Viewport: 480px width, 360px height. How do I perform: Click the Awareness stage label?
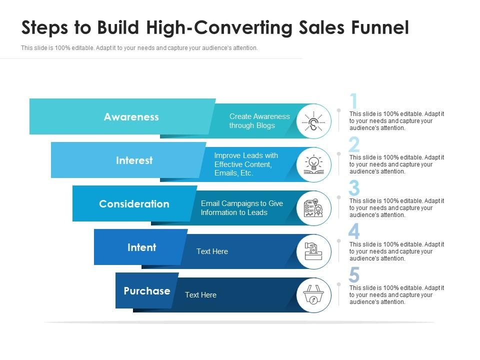click(131, 117)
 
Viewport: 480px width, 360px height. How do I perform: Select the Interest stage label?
click(134, 160)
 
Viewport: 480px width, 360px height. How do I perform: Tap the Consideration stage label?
click(134, 204)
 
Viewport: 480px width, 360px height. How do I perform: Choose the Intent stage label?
click(141, 247)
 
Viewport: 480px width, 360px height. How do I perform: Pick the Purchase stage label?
click(147, 291)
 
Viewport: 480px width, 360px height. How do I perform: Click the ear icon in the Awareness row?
click(313, 121)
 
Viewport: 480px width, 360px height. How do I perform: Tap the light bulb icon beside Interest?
click(313, 164)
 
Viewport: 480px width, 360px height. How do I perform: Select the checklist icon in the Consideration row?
click(313, 208)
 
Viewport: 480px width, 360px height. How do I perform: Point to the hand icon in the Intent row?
click(313, 251)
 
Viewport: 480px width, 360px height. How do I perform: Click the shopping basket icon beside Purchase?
click(313, 295)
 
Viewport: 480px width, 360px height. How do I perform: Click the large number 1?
click(354, 101)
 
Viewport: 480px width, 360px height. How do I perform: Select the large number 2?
click(354, 145)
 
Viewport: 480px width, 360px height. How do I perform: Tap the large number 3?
click(354, 188)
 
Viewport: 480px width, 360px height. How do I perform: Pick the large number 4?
click(354, 232)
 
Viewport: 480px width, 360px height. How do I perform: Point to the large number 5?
click(354, 275)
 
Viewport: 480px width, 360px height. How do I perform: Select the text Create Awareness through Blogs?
click(259, 121)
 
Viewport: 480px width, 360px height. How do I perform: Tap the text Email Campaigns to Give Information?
click(241, 208)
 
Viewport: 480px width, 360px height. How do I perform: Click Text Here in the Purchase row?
click(200, 295)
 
